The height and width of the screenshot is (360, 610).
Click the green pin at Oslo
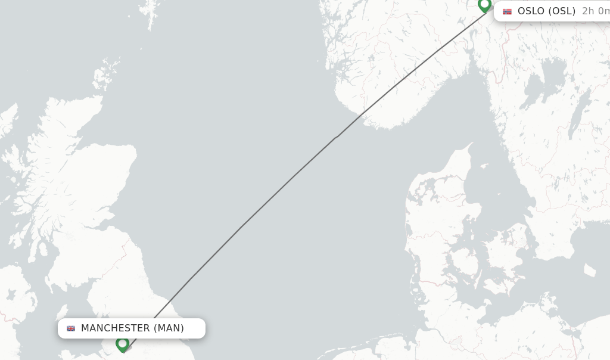tap(484, 5)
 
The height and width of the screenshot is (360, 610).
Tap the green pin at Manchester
tap(122, 343)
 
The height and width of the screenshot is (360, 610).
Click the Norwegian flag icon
tap(507, 11)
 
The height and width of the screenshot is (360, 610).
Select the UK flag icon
tap(71, 328)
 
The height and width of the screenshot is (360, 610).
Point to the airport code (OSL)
tap(562, 11)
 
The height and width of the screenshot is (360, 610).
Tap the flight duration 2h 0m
tap(595, 11)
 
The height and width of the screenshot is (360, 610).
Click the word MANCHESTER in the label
tap(115, 328)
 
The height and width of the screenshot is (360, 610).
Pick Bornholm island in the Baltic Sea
tap(590, 270)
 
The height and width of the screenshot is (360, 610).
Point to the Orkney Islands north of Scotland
tap(105, 75)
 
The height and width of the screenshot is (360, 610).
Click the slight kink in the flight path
tap(337, 137)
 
